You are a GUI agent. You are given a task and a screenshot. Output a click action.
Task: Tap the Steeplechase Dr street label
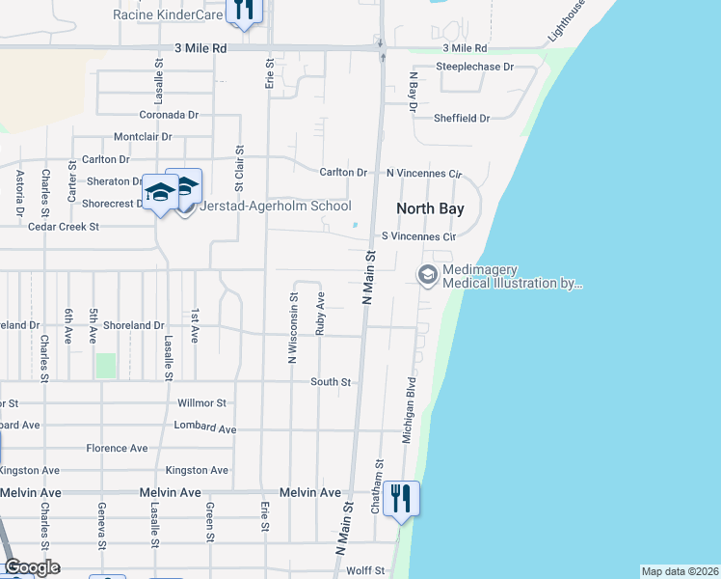click(474, 67)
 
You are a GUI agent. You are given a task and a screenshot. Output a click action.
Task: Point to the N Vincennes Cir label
click(424, 173)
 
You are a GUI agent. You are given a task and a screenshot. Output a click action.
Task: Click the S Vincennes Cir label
click(418, 235)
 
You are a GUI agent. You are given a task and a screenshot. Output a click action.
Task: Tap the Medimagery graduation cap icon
click(427, 275)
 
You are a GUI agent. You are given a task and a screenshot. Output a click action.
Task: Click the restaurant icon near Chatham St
click(401, 498)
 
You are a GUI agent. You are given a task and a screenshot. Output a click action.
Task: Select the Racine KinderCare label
click(168, 14)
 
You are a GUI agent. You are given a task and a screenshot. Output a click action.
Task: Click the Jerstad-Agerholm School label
click(275, 207)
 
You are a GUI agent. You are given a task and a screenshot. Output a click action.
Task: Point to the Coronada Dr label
click(168, 114)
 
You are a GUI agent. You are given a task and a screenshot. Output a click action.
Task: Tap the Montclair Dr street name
click(143, 137)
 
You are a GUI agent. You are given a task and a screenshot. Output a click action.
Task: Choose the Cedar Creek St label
click(65, 227)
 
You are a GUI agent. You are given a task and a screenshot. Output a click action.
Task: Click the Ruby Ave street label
click(320, 313)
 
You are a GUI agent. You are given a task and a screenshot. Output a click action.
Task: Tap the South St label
click(331, 382)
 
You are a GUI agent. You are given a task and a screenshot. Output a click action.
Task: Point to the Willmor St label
click(202, 402)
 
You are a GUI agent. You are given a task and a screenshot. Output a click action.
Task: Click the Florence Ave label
click(117, 448)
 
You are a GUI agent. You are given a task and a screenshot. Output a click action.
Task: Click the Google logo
click(32, 567)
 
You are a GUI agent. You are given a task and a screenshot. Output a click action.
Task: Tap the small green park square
click(105, 366)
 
